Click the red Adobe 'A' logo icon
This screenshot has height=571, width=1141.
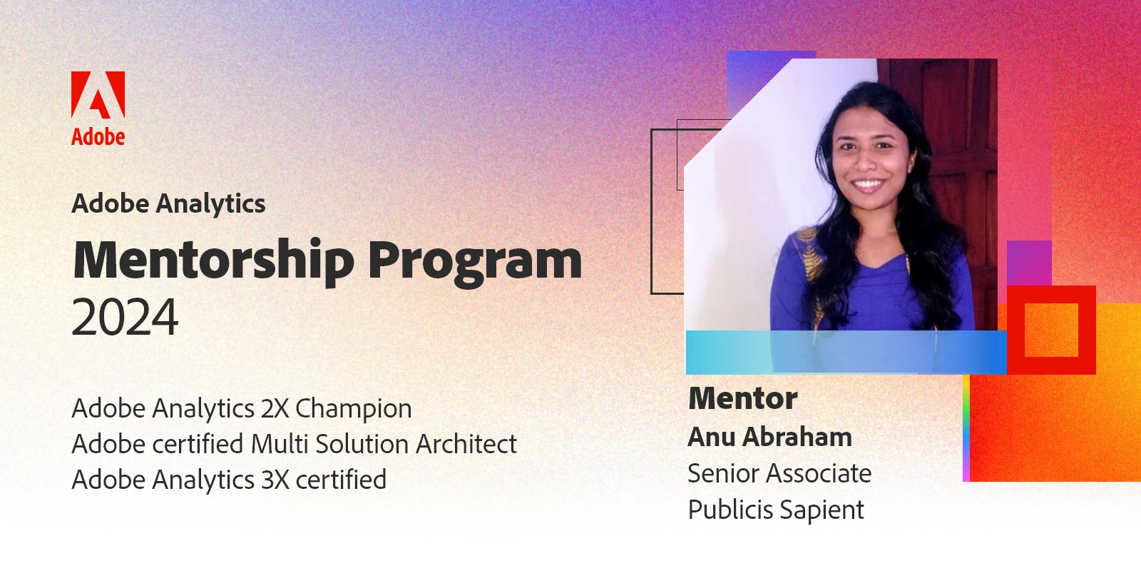98,95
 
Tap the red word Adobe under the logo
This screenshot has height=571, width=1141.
98,136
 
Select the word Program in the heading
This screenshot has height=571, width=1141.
475,263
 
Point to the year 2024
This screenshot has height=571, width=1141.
126,317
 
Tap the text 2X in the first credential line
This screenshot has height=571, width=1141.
275,408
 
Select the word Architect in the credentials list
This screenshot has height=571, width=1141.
466,443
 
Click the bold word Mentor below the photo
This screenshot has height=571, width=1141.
742,398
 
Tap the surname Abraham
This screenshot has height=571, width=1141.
797,437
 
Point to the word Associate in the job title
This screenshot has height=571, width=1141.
819,474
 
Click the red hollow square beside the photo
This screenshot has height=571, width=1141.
1051,295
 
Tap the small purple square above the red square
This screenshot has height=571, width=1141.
1029,263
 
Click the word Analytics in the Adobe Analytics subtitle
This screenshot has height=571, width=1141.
210,204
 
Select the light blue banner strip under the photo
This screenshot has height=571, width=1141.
846,353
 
